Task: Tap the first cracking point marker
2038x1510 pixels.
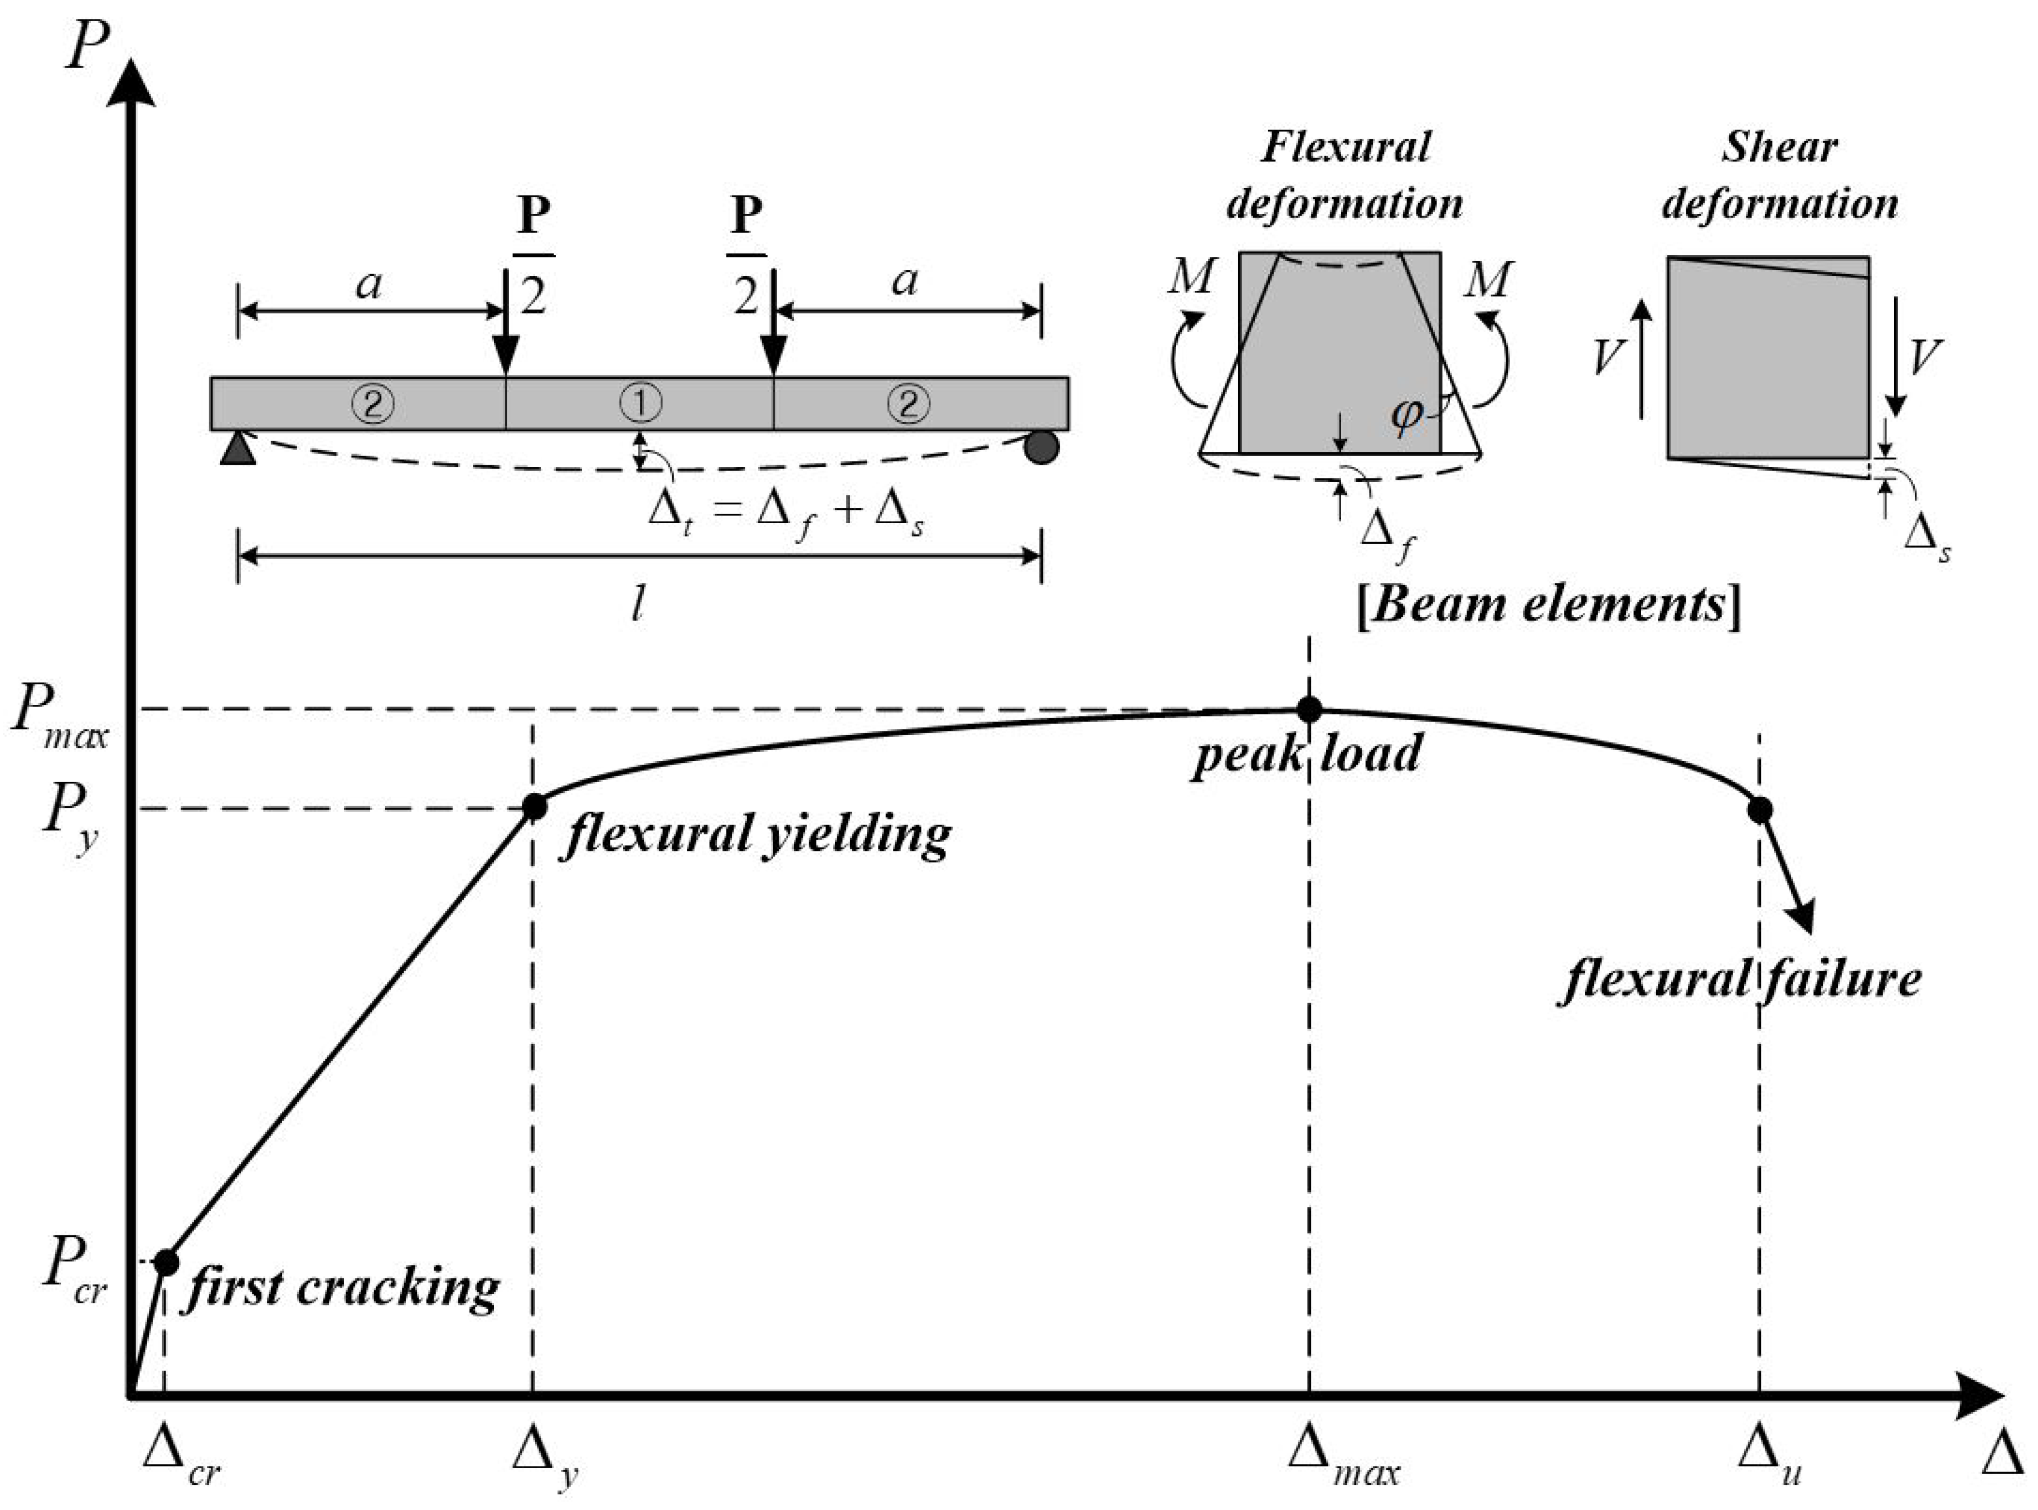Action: pos(166,1262)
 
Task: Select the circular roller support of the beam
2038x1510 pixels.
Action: pos(1041,447)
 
